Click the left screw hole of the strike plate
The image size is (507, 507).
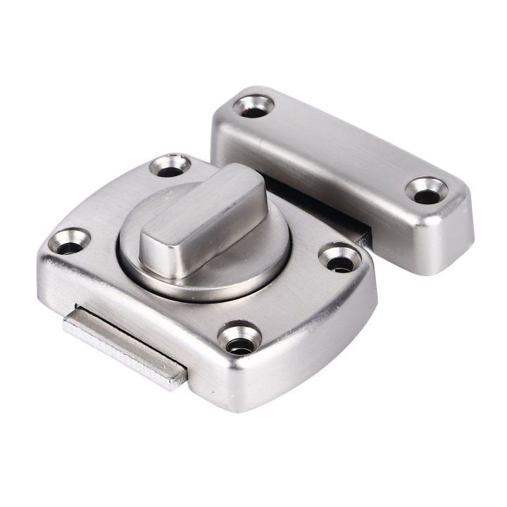tap(251, 106)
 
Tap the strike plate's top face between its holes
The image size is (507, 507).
tap(338, 144)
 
